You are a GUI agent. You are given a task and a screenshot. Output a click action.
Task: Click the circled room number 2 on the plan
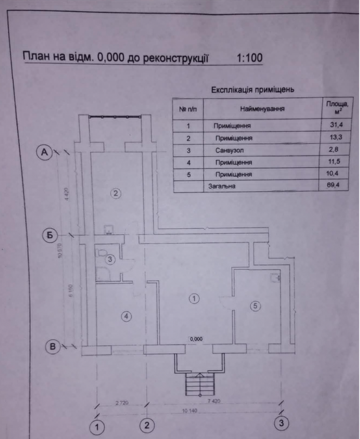point(116,193)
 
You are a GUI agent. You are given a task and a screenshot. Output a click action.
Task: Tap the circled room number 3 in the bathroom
point(110,260)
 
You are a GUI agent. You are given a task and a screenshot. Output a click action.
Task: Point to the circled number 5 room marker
point(255,306)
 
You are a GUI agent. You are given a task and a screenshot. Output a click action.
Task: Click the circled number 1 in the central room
point(194,299)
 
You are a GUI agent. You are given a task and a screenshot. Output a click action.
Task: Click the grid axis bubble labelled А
point(45,152)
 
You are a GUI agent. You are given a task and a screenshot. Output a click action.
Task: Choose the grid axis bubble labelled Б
point(50,235)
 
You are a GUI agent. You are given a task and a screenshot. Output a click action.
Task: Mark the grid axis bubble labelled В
point(53,347)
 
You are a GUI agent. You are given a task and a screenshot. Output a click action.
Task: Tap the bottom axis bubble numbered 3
point(281,423)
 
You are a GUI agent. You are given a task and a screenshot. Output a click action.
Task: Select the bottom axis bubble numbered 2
point(147,425)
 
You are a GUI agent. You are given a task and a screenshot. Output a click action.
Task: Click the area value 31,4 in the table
point(336,125)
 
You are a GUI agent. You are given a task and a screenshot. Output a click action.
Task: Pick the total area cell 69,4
point(333,185)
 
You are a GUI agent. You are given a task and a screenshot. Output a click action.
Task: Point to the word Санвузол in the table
point(230,150)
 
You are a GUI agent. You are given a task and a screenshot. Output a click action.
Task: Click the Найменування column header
point(262,109)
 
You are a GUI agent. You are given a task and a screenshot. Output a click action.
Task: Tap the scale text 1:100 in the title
point(250,58)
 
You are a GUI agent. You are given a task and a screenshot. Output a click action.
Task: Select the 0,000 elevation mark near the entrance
point(196,339)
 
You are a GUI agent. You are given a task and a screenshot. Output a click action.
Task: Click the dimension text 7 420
point(214,401)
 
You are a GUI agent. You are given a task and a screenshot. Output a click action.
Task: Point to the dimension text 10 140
point(190,411)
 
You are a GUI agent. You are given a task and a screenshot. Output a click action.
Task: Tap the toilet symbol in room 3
point(102,253)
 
